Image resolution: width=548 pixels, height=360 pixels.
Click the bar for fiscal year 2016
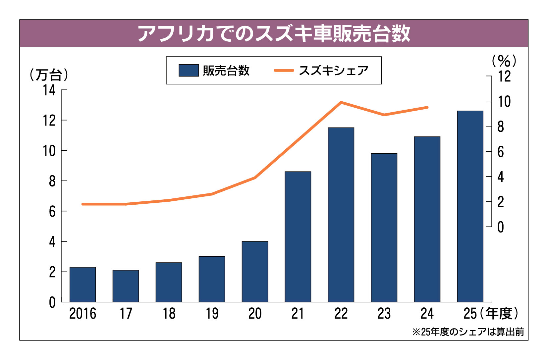pyautogui.click(x=82, y=284)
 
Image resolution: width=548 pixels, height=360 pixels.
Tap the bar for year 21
pyautogui.click(x=298, y=237)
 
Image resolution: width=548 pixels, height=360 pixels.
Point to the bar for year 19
pyautogui.click(x=212, y=279)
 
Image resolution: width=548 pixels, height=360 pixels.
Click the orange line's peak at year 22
pyautogui.click(x=341, y=102)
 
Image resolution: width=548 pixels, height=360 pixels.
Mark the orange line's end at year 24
pyautogui.click(x=427, y=107)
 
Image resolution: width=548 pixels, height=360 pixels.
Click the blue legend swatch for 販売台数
pyautogui.click(x=189, y=71)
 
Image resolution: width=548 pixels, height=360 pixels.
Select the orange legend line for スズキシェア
pyautogui.click(x=284, y=71)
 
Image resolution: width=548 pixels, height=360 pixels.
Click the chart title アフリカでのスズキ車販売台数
pyautogui.click(x=274, y=33)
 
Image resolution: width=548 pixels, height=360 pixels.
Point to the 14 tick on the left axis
pyautogui.click(x=49, y=90)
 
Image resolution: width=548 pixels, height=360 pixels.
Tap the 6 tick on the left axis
pyautogui.click(x=52, y=211)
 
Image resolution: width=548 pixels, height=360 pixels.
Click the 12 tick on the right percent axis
pyautogui.click(x=504, y=77)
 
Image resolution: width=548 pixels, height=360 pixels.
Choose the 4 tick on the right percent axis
pyautogui.click(x=501, y=177)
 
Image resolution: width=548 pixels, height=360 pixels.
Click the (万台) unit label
pyautogui.click(x=49, y=75)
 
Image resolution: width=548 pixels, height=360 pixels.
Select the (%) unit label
pyautogui.click(x=504, y=61)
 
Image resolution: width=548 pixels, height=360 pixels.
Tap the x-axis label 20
pyautogui.click(x=255, y=313)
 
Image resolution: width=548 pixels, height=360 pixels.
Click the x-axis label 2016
pyautogui.click(x=82, y=313)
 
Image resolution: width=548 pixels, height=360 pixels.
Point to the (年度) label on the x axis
pyautogui.click(x=499, y=313)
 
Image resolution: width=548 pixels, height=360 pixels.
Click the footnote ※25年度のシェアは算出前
pyautogui.click(x=468, y=332)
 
